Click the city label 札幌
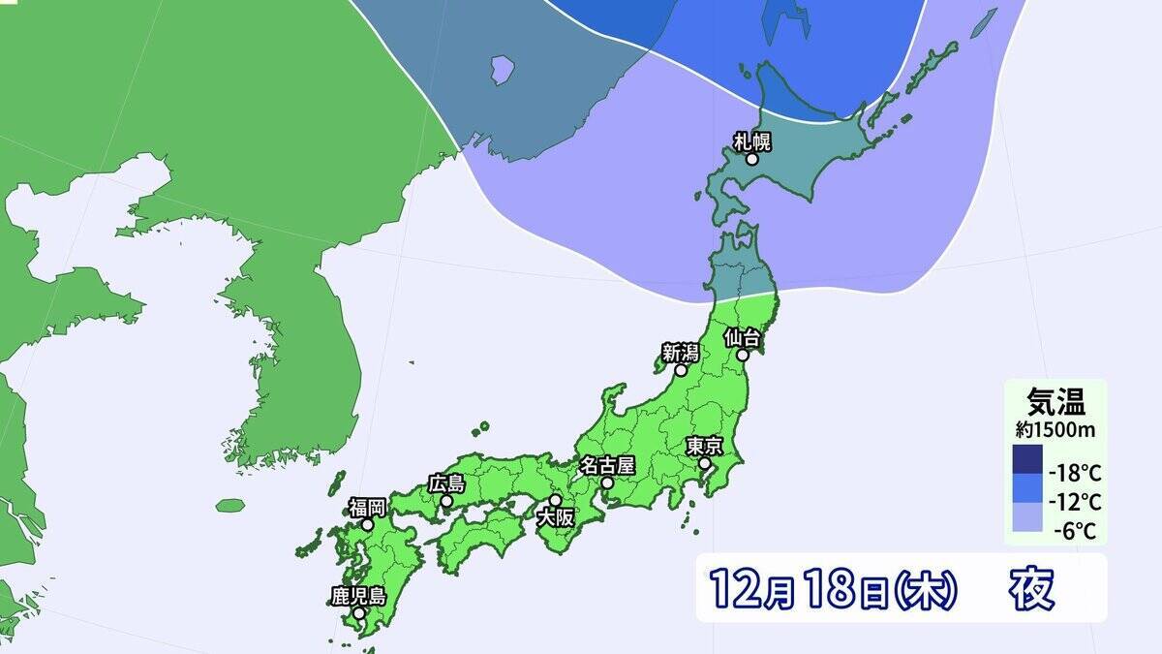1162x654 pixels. tap(751, 141)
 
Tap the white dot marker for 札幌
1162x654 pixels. tap(751, 160)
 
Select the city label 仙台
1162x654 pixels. tap(744, 338)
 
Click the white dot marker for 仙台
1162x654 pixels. tap(743, 356)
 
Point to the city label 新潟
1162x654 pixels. tap(681, 353)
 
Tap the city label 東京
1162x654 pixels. tap(704, 447)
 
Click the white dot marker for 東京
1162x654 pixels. tap(705, 464)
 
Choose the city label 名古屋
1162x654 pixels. tap(606, 464)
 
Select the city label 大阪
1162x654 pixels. tap(556, 517)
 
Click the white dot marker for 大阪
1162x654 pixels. tap(556, 500)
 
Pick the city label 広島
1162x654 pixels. tap(446, 483)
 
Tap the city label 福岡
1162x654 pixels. tap(368, 507)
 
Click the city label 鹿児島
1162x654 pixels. tap(358, 596)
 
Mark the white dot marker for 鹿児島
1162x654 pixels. tap(359, 613)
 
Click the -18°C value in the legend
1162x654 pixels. tap(1075, 474)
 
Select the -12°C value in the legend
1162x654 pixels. tap(1075, 502)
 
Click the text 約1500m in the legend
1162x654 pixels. tap(1055, 426)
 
